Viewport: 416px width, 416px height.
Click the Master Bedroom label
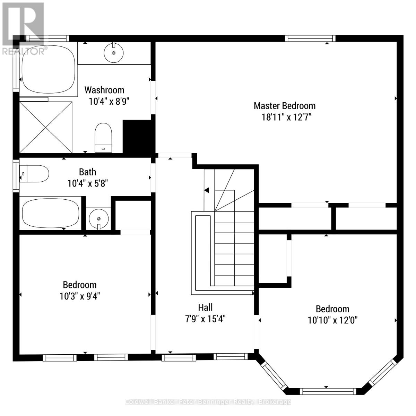(285, 106)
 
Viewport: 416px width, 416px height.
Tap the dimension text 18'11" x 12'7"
(286, 117)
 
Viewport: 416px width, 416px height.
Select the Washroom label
(104, 90)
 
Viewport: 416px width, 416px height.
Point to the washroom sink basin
(114, 52)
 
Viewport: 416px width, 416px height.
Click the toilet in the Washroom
(103, 138)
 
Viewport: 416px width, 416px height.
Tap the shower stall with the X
(46, 127)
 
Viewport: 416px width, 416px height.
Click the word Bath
(87, 172)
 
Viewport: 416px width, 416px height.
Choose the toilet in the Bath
(34, 174)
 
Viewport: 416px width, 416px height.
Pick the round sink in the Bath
(99, 219)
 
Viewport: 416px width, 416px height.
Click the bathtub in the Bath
(51, 213)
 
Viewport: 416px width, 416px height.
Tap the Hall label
(205, 307)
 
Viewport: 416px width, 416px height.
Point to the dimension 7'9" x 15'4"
(205, 319)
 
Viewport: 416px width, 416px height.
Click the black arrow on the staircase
(207, 190)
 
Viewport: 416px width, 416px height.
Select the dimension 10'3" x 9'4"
(80, 296)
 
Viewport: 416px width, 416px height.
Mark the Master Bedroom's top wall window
(310, 38)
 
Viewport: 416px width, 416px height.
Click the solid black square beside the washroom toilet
(137, 137)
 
